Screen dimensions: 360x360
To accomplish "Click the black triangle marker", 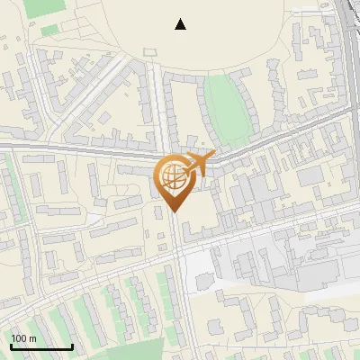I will (x=181, y=24).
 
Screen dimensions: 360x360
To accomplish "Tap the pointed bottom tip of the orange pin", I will (x=174, y=211).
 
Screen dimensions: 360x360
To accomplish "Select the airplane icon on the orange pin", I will (x=199, y=164).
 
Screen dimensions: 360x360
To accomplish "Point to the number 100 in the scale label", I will (x=20, y=338).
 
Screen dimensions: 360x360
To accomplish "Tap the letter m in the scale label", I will (x=32, y=338).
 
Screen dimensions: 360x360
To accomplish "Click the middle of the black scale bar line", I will (x=41, y=346).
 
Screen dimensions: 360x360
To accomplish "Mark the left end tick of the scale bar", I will (x=11, y=345).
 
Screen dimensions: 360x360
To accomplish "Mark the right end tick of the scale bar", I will (x=72, y=345).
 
